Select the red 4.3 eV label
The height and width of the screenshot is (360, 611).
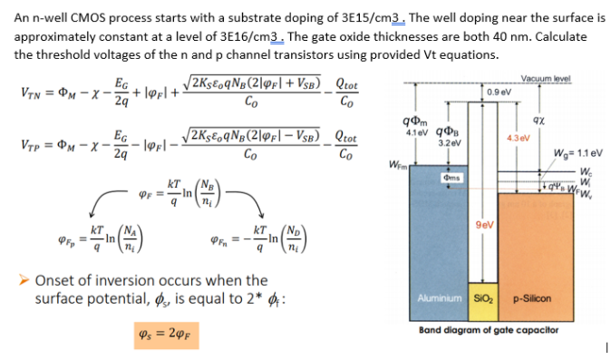click(517, 137)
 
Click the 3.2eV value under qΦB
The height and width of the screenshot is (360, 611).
click(450, 143)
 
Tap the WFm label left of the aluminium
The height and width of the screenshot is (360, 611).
click(396, 164)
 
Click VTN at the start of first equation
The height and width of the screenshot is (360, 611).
click(29, 92)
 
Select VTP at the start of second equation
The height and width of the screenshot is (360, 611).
click(29, 145)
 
